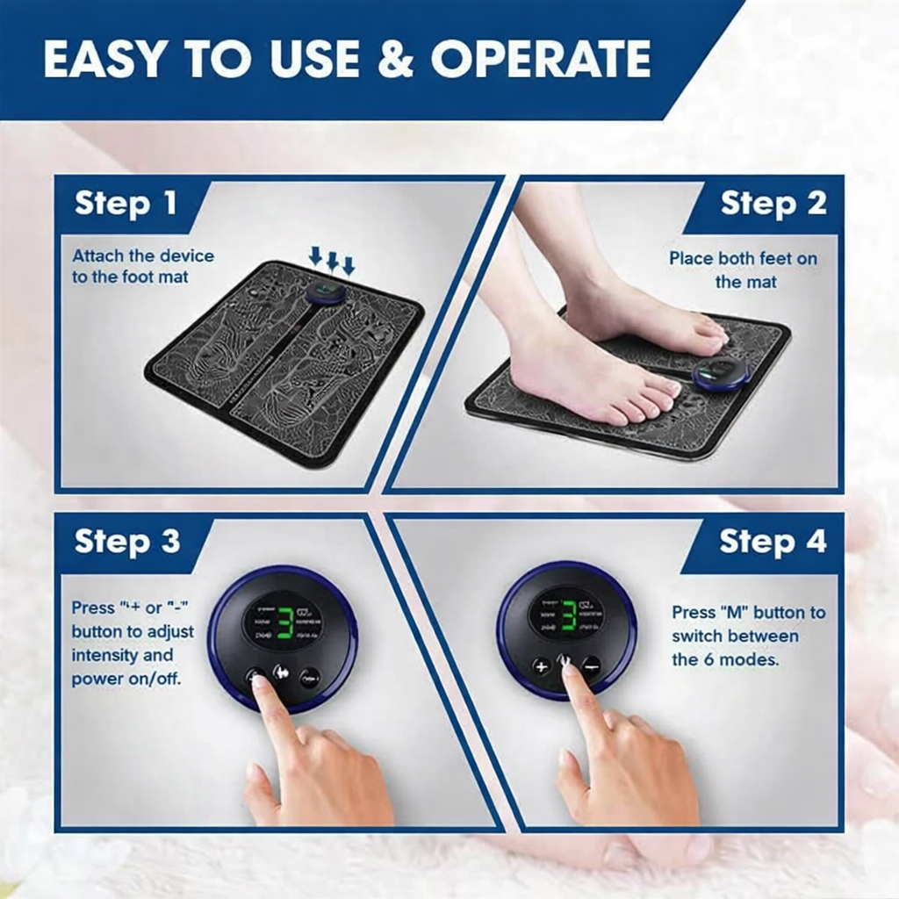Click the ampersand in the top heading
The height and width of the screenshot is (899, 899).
399,59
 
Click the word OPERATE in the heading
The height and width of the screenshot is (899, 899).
540,59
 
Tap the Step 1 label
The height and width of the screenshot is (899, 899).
126,204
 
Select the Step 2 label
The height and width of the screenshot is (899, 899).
773,204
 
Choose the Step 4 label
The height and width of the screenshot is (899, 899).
773,542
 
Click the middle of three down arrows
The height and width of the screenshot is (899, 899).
333,260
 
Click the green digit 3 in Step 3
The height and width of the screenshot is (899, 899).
284,621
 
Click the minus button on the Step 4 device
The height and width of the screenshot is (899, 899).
591,665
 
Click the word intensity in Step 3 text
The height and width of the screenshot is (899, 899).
110,655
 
